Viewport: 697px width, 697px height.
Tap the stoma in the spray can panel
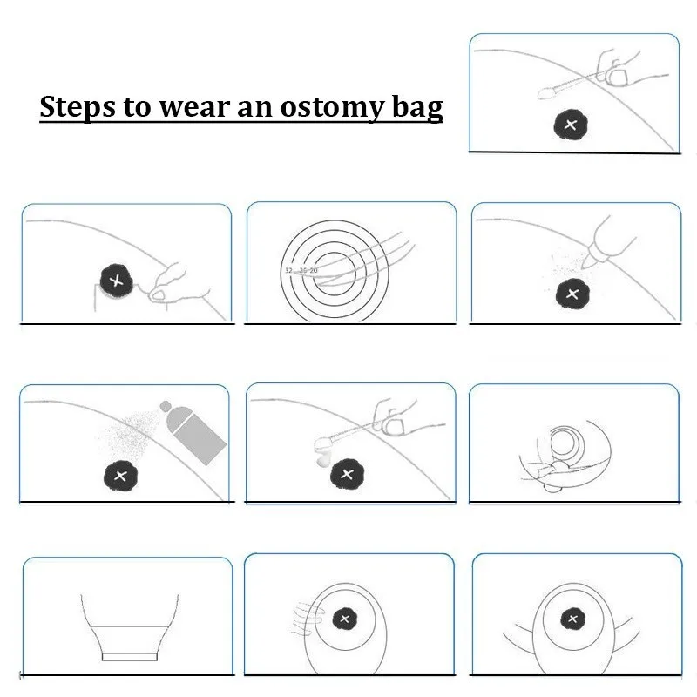[x=118, y=476]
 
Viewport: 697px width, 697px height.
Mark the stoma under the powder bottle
[x=572, y=293]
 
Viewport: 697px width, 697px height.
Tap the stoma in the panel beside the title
[x=571, y=125]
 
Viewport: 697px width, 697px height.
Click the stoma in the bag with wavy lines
[x=344, y=619]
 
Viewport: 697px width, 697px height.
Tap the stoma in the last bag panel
[x=573, y=619]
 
